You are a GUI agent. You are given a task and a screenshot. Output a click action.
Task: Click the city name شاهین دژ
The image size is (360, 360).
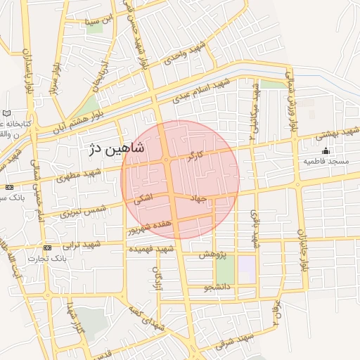(x=117, y=148)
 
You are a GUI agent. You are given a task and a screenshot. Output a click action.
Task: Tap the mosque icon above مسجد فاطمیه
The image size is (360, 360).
(x=326, y=150)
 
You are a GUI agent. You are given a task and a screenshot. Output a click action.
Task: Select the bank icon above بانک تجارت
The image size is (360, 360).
(x=47, y=248)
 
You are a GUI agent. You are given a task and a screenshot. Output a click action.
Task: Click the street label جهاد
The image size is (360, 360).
(x=198, y=199)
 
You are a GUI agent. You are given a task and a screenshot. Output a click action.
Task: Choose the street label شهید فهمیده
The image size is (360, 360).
(x=151, y=249)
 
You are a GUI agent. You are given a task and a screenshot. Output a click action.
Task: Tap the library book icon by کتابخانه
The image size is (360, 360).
(x=7, y=113)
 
